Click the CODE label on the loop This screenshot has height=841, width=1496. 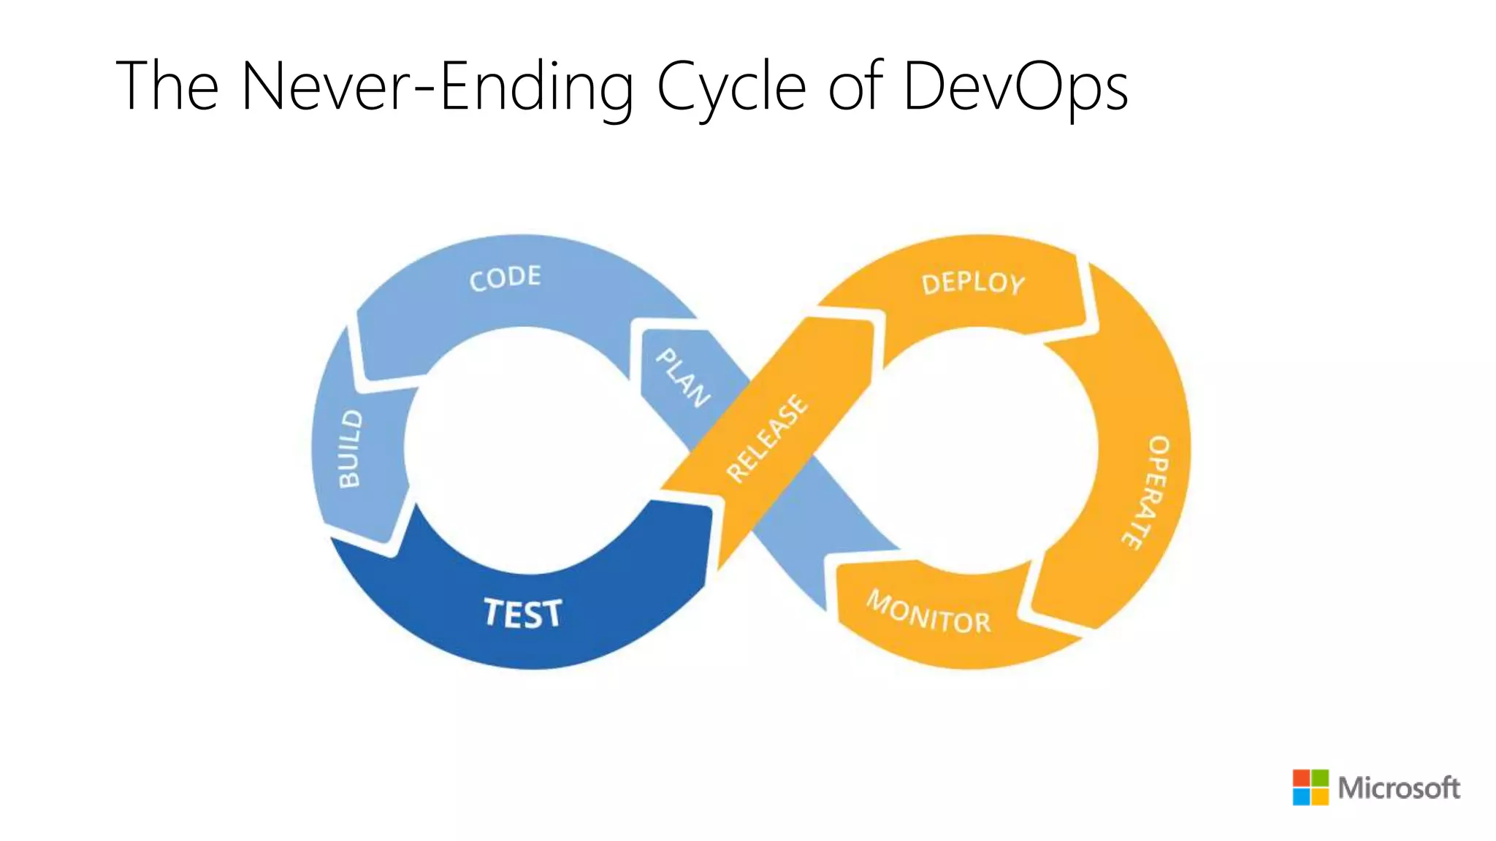(x=505, y=278)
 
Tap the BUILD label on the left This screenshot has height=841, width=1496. (x=350, y=448)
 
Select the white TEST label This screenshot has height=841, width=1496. (x=523, y=613)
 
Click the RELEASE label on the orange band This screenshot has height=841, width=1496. (x=768, y=438)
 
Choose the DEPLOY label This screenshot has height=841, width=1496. (x=973, y=283)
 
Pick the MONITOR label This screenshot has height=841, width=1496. (x=928, y=613)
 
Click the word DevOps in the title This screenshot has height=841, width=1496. (x=1015, y=86)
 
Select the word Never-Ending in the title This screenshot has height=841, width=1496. (x=437, y=86)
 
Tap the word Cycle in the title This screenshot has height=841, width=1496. (x=731, y=86)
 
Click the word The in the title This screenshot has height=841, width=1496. (x=167, y=86)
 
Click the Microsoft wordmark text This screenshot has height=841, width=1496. (x=1399, y=788)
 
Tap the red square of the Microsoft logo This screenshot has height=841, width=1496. (x=1301, y=777)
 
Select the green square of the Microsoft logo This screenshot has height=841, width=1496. (x=1320, y=777)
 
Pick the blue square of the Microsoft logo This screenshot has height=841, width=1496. (x=1301, y=796)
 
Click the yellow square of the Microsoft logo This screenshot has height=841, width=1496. (x=1320, y=796)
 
